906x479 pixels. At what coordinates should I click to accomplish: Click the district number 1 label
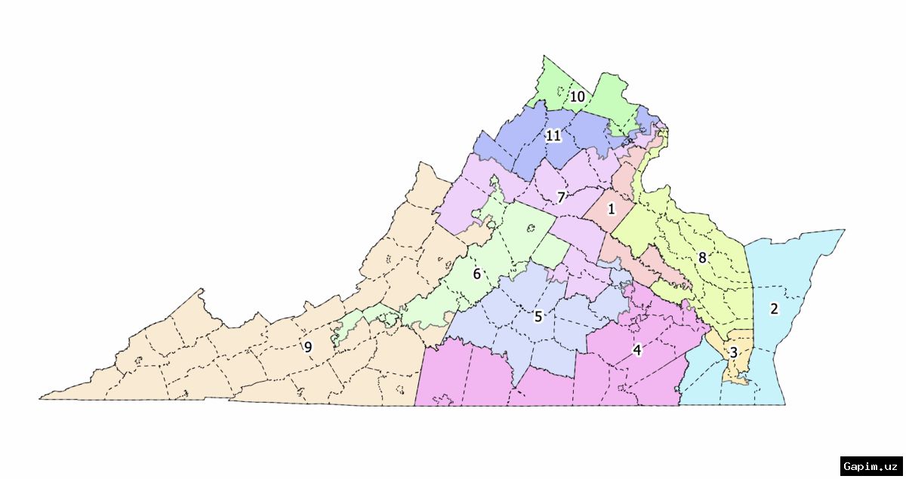[612, 208]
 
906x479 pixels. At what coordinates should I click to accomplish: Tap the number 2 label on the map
[773, 308]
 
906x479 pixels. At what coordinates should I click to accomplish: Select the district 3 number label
[732, 352]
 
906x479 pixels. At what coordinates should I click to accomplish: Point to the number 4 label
[637, 350]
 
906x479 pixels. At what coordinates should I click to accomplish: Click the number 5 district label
[538, 316]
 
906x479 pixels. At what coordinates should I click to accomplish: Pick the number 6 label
[476, 274]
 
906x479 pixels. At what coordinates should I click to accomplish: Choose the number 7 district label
[561, 198]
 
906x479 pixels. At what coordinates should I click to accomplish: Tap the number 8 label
[702, 258]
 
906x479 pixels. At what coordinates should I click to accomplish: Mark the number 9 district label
[307, 347]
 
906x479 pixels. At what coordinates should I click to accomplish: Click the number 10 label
[577, 97]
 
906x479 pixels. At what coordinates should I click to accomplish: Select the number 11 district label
[553, 136]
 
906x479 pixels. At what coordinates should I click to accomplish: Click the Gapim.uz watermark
[871, 465]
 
